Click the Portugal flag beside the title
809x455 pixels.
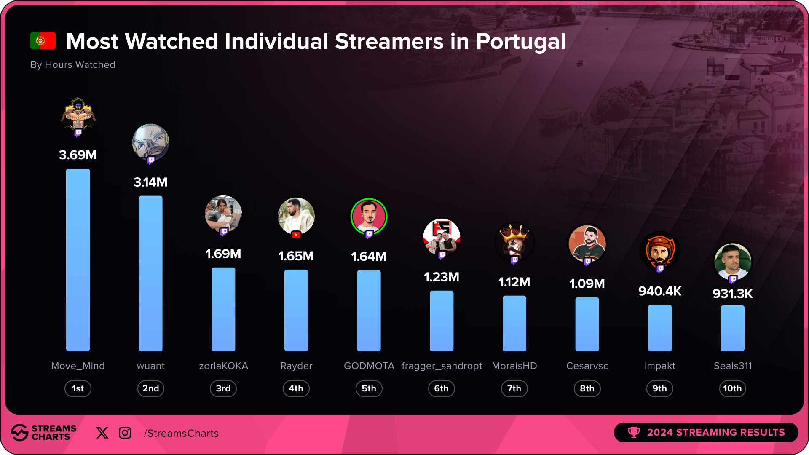coord(43,41)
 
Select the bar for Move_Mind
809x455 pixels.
coord(78,260)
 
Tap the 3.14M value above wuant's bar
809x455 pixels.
coord(150,182)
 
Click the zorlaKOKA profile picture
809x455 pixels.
coord(223,214)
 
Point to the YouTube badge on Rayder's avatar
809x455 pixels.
coord(296,235)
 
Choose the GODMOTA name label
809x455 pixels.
coord(369,366)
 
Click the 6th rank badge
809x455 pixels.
coord(441,388)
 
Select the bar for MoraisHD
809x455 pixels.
coord(514,323)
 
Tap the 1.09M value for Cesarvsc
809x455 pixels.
coord(587,284)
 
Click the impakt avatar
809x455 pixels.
coord(660,251)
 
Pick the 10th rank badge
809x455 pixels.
coord(732,388)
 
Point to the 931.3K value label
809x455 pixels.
coord(732,294)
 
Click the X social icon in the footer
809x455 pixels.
coord(102,433)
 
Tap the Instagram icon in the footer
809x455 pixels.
coord(125,433)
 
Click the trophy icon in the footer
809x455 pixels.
coord(634,432)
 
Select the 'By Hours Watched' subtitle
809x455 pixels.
coord(73,64)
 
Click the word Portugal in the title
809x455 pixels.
coord(520,42)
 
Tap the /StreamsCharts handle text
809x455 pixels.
coord(181,433)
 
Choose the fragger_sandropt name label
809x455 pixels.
coord(442,366)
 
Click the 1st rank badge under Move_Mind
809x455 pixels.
coord(78,388)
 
